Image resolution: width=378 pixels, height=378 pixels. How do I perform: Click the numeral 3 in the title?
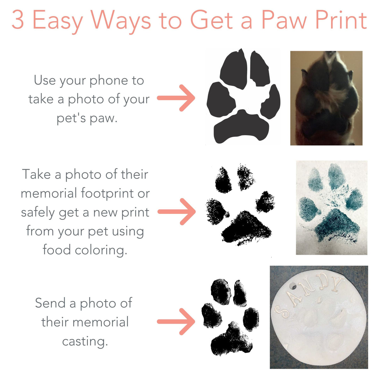point(18,20)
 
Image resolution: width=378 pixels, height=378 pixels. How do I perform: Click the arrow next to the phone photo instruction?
point(176,98)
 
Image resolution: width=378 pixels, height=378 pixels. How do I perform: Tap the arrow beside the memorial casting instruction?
point(176,322)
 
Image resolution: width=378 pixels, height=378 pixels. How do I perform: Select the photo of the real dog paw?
point(326,98)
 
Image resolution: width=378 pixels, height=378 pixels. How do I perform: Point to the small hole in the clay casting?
point(293,286)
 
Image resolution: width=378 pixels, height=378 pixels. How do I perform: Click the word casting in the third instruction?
point(85,341)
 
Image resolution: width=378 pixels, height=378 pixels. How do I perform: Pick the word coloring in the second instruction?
point(100,250)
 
